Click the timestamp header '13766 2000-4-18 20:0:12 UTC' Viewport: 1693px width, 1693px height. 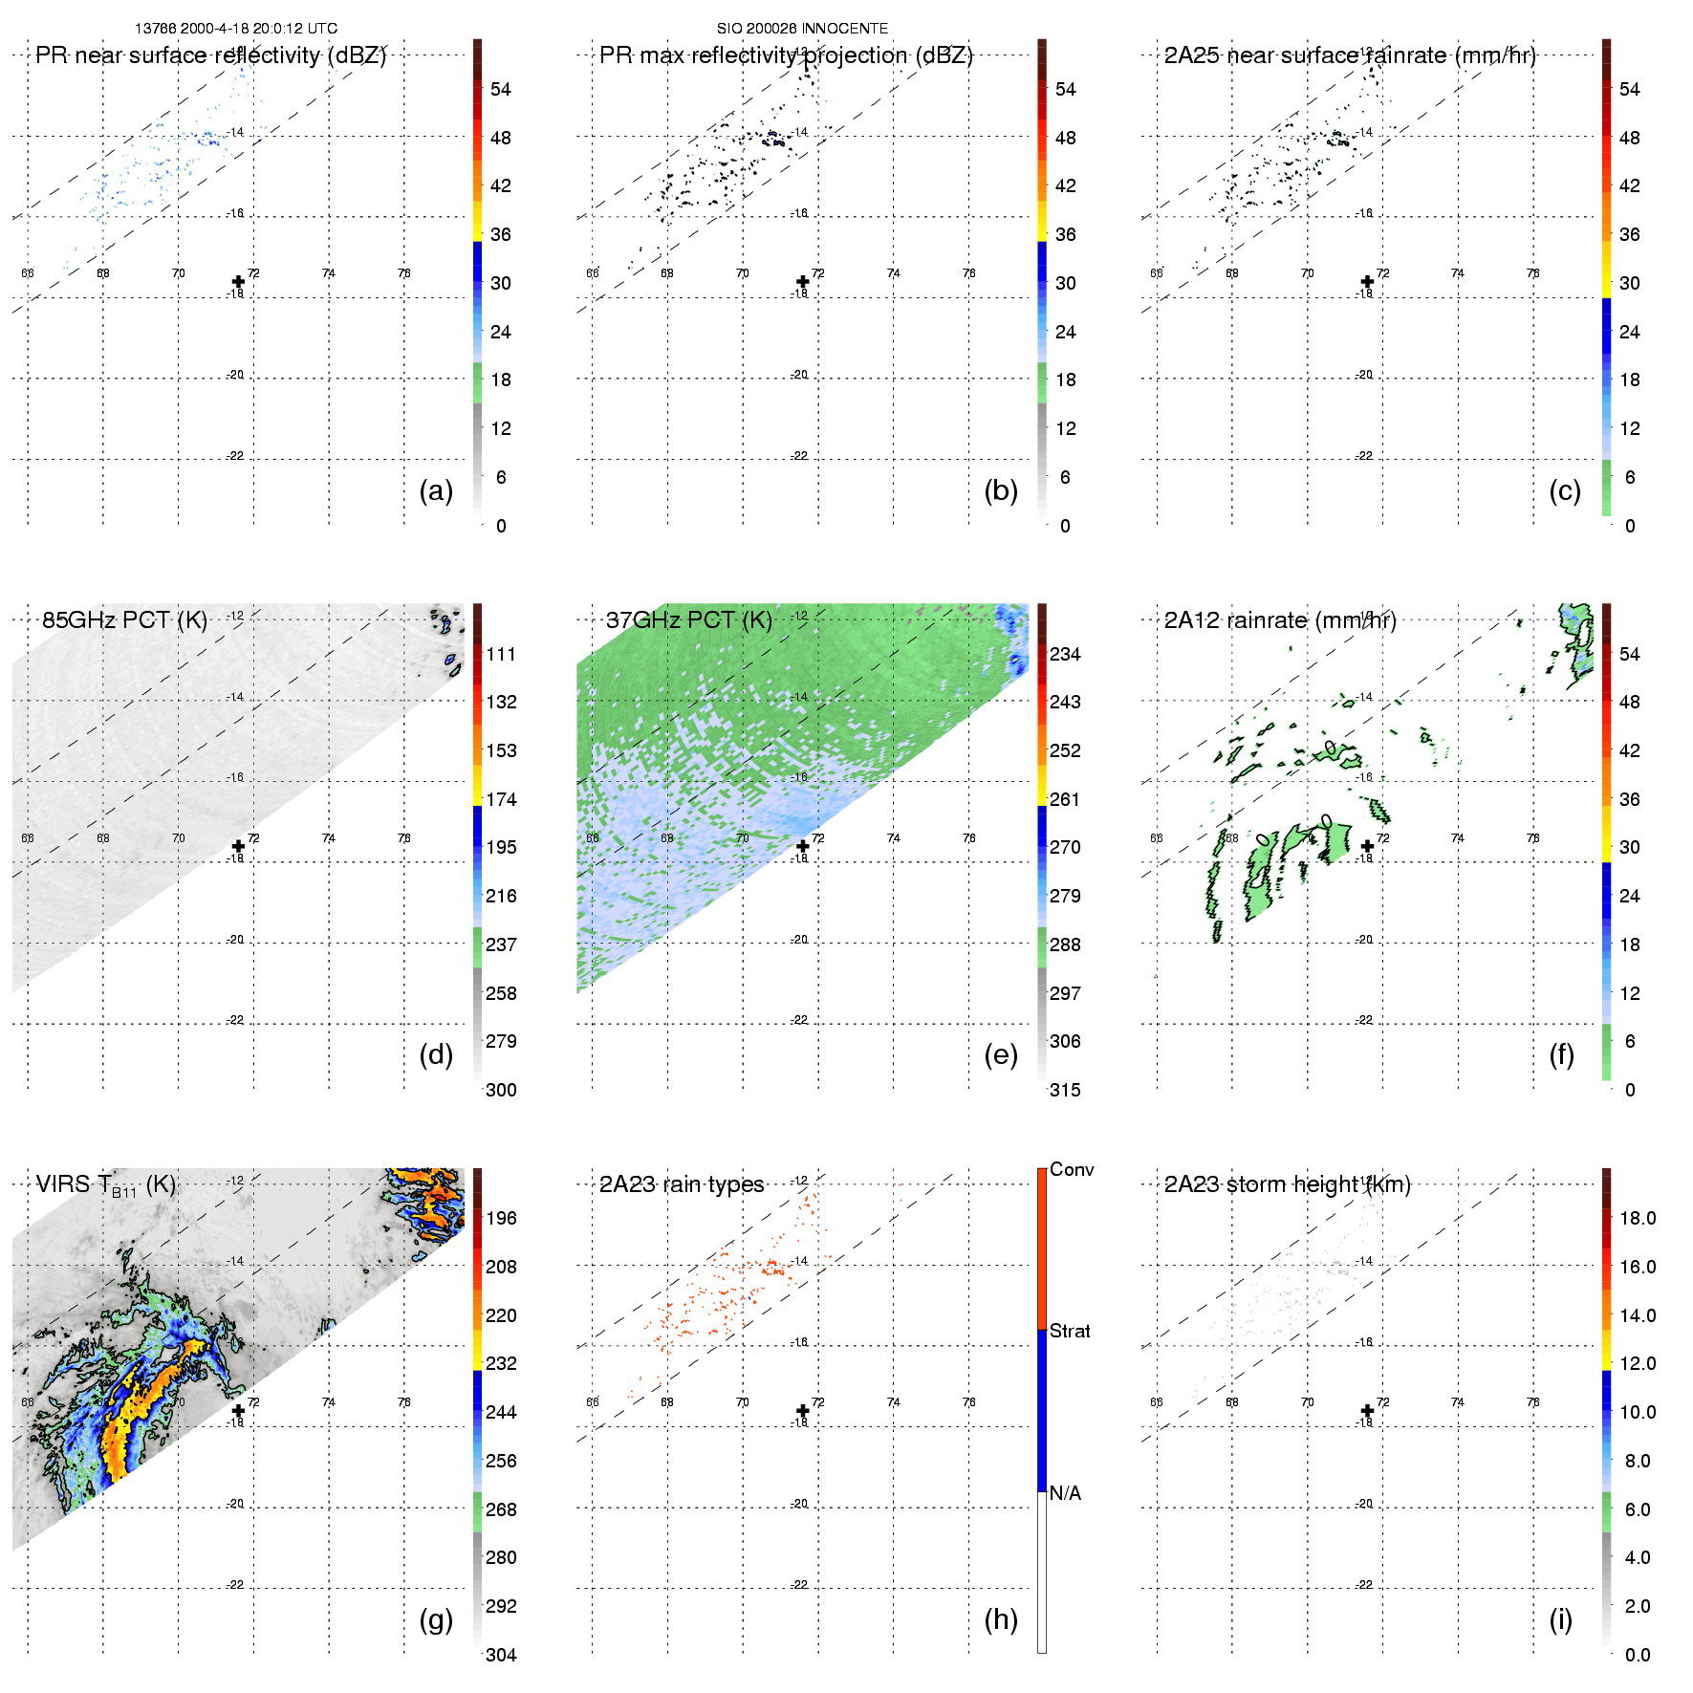tap(236, 29)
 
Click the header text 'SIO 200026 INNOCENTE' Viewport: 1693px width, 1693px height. tap(802, 29)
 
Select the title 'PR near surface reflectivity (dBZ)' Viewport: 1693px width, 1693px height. tap(210, 55)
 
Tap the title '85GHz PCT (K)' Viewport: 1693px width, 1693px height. tap(124, 620)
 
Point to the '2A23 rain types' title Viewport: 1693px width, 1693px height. tap(682, 1184)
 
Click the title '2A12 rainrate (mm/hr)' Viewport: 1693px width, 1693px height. tap(1280, 620)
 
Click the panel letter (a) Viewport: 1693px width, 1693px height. tap(436, 490)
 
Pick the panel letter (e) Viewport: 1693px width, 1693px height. tap(1001, 1054)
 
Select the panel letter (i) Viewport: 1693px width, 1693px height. tap(1561, 1619)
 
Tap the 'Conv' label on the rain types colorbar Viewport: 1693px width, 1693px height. tap(1072, 1169)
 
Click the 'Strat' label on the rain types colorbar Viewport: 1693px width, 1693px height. tap(1070, 1331)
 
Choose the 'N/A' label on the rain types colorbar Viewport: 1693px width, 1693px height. tap(1065, 1493)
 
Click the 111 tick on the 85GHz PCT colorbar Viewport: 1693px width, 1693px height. tap(501, 654)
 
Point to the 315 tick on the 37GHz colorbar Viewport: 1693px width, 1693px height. tap(1065, 1090)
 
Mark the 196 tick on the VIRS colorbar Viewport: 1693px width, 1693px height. tap(501, 1218)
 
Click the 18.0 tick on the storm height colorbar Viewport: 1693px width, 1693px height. tap(1638, 1218)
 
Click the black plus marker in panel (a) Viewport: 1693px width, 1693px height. tap(238, 281)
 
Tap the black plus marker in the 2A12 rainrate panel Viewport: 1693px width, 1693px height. tap(1367, 846)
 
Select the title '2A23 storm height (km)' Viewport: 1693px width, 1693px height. tap(1287, 1184)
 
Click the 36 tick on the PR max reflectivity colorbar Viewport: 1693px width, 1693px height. tap(1065, 234)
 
